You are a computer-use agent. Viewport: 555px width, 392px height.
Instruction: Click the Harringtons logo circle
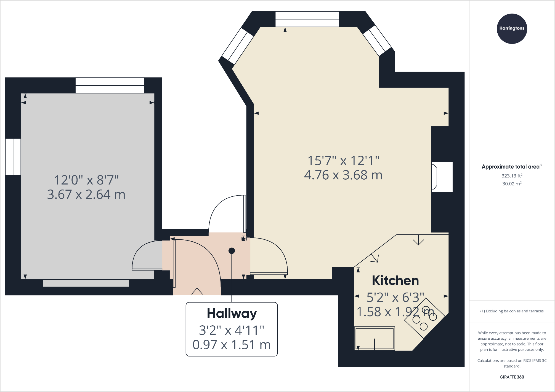[x=512, y=29]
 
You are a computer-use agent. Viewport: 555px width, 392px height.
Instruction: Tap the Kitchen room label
[x=395, y=280]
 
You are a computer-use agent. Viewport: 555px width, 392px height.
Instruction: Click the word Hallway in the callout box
[x=232, y=313]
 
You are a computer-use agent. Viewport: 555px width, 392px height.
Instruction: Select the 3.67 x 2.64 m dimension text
[x=86, y=194]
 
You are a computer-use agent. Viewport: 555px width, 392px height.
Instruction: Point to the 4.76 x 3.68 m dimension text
[x=343, y=175]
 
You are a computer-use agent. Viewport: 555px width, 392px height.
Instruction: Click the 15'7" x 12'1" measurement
[x=343, y=161]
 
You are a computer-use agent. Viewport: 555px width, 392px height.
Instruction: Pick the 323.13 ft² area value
[x=512, y=176]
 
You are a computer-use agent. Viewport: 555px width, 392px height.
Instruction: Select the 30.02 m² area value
[x=512, y=184]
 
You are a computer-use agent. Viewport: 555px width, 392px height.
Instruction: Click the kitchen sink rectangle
[x=375, y=338]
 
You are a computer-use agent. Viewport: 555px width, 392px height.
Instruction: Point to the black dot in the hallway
[x=232, y=251]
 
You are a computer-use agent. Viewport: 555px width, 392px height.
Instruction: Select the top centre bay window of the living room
[x=307, y=19]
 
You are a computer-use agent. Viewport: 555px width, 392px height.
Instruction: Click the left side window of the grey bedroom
[x=13, y=157]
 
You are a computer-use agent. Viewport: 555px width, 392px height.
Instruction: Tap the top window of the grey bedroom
[x=110, y=85]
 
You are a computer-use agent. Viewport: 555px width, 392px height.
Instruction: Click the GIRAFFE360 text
[x=512, y=377]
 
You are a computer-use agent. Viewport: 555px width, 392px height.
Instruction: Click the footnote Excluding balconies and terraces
[x=512, y=311]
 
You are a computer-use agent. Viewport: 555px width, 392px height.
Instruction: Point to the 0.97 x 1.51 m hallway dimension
[x=232, y=345]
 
